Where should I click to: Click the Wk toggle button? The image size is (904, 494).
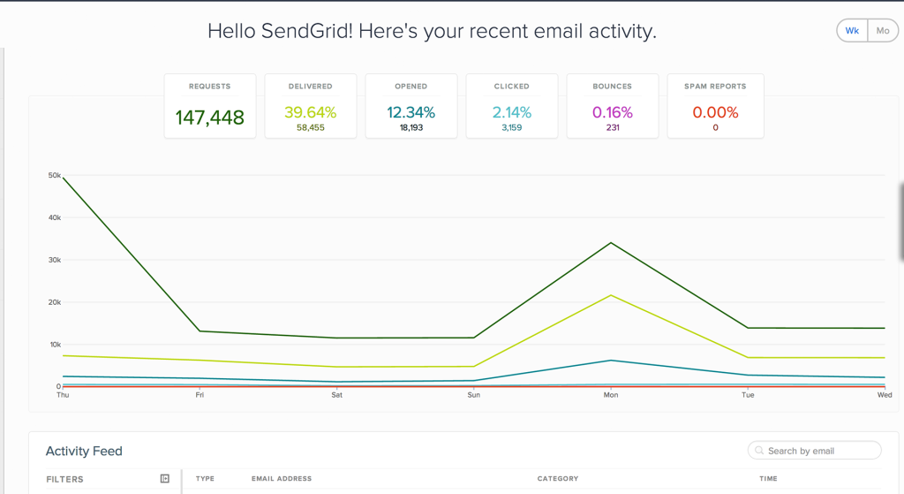click(x=852, y=31)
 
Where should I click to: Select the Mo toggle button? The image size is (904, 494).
click(x=883, y=31)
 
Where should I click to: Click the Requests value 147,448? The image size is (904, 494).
click(x=210, y=118)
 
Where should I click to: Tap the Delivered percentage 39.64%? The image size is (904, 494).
click(x=310, y=112)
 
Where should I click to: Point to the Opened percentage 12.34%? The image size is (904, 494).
click(x=411, y=112)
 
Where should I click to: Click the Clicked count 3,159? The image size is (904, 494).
click(x=512, y=127)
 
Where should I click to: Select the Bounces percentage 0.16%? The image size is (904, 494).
click(x=613, y=112)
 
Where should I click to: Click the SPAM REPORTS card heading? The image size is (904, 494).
click(x=715, y=87)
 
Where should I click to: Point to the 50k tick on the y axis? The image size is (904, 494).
click(x=55, y=175)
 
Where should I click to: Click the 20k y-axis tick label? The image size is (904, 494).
click(x=55, y=302)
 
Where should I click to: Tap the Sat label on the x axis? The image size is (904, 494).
click(x=336, y=395)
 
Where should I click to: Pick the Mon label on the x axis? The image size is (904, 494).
click(x=611, y=395)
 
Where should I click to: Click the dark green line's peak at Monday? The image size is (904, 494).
click(x=611, y=243)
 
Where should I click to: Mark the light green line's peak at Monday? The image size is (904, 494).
click(x=611, y=295)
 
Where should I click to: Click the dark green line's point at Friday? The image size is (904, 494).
click(x=200, y=331)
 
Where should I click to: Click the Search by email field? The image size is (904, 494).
click(x=815, y=450)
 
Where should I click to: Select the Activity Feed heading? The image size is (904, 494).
click(x=84, y=451)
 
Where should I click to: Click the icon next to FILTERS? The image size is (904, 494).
click(x=165, y=478)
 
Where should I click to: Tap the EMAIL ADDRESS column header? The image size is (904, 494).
click(x=282, y=478)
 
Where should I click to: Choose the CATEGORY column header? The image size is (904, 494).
click(x=558, y=478)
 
